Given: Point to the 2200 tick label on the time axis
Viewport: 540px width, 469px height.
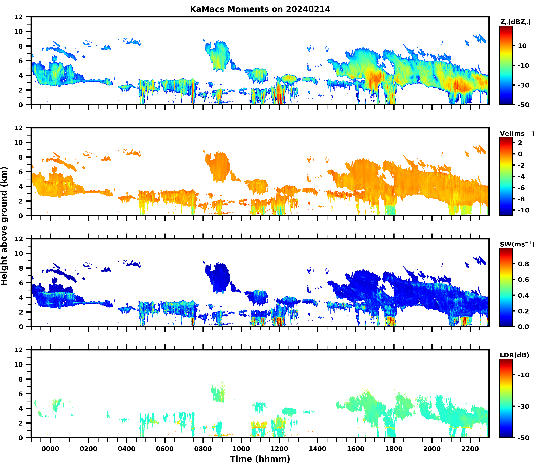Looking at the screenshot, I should (470, 449).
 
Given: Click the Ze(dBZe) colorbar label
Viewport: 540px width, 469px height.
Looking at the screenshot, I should (515, 22).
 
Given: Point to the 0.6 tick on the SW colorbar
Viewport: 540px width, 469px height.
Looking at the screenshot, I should (523, 280).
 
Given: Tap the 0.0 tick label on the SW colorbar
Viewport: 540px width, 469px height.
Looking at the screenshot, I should (523, 327).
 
